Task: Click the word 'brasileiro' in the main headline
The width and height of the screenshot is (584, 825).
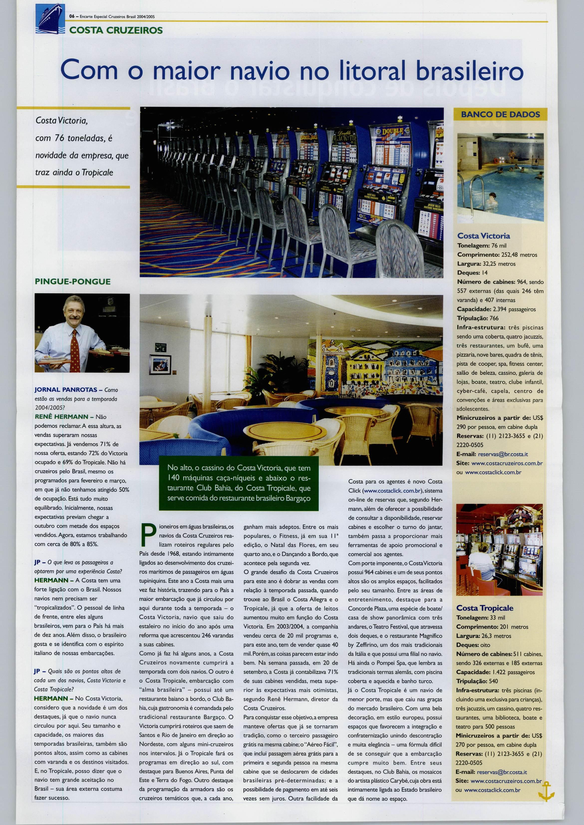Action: pos(469,70)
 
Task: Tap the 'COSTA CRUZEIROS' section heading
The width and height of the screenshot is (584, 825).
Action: pos(116,30)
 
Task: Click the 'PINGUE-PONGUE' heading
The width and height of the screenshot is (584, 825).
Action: pos(73,281)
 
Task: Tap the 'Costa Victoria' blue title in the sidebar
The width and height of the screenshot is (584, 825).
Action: pos(483,236)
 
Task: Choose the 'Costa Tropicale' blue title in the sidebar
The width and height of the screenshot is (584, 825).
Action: pos(484,608)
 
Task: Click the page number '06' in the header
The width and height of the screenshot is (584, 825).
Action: pos(72,16)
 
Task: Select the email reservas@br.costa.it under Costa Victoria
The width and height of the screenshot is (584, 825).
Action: pos(503,454)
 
